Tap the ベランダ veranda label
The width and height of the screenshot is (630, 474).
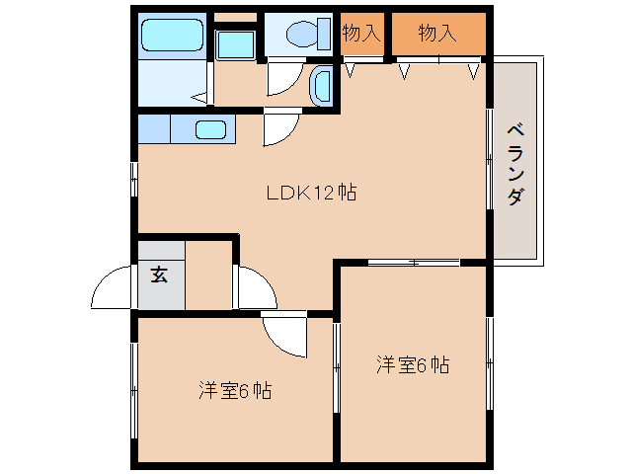515,164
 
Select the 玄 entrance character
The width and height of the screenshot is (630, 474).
159,275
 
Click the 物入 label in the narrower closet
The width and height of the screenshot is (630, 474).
361,33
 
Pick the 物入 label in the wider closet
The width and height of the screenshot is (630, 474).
437,33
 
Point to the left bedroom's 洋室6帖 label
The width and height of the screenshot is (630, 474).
234,391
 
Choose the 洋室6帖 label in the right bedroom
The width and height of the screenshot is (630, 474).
413,365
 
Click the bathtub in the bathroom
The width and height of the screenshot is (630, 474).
172,37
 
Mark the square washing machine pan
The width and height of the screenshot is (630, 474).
235,43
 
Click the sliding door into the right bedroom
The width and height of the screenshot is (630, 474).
414,262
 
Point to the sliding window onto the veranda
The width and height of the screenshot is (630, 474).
490,158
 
